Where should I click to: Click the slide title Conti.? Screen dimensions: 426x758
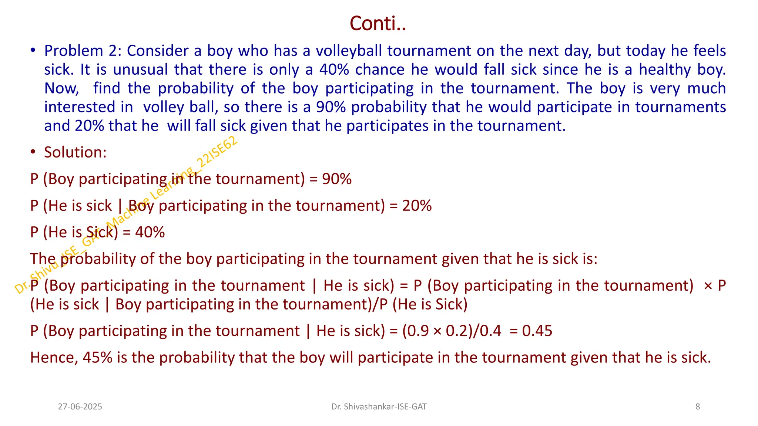pos(378,24)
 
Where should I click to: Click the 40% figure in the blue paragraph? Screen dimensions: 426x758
pos(335,70)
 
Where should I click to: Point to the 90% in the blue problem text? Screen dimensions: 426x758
pos(331,107)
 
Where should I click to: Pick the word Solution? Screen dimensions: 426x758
pos(75,152)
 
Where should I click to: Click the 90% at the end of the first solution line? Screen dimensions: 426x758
pos(337,179)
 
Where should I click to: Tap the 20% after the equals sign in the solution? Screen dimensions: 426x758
pos(417,206)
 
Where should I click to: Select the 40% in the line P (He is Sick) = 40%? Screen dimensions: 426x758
pos(150,232)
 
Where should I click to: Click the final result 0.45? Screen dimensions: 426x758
pos(537,331)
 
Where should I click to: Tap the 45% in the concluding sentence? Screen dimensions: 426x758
pos(98,358)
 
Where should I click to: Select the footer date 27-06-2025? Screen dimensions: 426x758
pos(80,407)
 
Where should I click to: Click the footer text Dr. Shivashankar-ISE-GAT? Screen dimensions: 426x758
pos(379,407)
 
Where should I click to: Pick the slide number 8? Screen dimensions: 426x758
pos(698,407)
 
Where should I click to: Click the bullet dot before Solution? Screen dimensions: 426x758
pos(33,152)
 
